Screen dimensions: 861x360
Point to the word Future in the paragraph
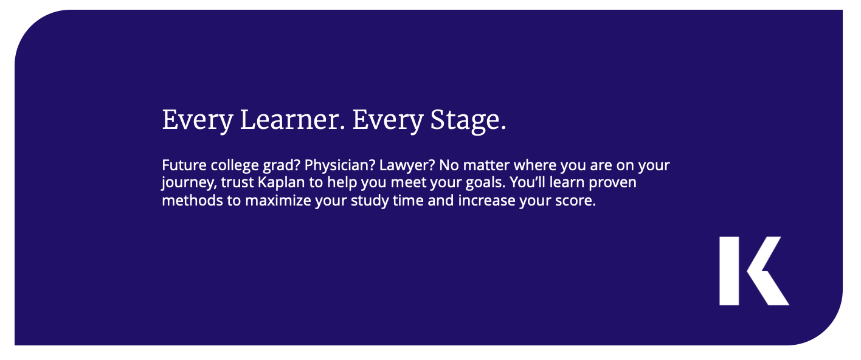[x=184, y=165]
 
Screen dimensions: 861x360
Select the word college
[x=235, y=166]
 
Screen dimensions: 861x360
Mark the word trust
[x=237, y=183]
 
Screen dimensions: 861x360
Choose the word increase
[x=486, y=201]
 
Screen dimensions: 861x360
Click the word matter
[x=486, y=165]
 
